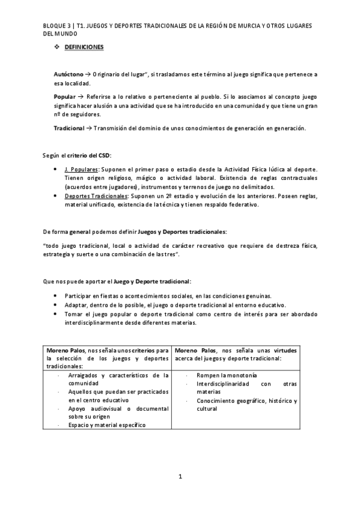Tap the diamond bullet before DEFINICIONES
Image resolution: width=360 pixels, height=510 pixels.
(57, 47)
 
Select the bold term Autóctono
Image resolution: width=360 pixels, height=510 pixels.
(69, 74)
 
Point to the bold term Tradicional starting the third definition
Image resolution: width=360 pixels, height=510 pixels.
(69, 128)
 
